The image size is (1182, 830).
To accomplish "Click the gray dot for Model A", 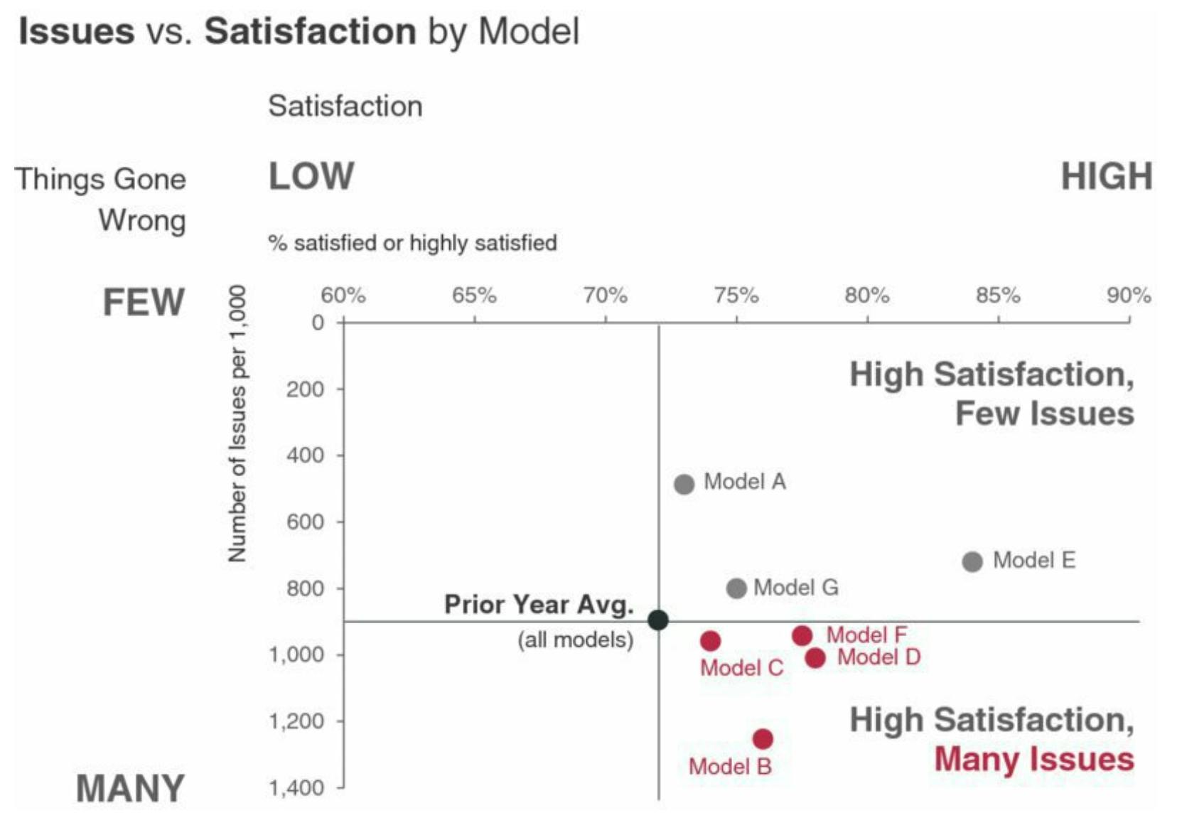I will (684, 485).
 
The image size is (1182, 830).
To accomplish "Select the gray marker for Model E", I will (972, 562).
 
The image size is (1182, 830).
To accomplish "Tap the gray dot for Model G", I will (736, 588).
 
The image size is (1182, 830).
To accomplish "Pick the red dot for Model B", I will (763, 739).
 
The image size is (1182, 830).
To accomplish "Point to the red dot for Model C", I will (710, 641).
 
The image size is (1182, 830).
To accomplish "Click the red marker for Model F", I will (802, 635).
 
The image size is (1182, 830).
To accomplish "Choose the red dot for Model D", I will (815, 658).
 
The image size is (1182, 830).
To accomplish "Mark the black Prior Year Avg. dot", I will (658, 620).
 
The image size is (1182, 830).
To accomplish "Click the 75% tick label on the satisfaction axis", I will (736, 296).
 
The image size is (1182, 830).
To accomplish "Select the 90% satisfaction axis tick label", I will (1129, 296).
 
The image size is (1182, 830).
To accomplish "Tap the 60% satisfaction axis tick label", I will (343, 296).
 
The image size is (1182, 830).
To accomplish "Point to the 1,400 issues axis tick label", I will (297, 787).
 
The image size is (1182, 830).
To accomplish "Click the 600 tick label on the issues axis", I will (306, 522).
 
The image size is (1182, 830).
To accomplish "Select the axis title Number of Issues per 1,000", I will (237, 424).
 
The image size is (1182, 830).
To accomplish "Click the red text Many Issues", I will (1033, 759).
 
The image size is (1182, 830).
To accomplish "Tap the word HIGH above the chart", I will (1107, 177).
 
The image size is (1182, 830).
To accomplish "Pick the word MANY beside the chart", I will (130, 789).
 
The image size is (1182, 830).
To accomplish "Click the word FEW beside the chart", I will (144, 302).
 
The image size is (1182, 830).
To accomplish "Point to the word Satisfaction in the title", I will (311, 31).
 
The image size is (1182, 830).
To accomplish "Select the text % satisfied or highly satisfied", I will (412, 243).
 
